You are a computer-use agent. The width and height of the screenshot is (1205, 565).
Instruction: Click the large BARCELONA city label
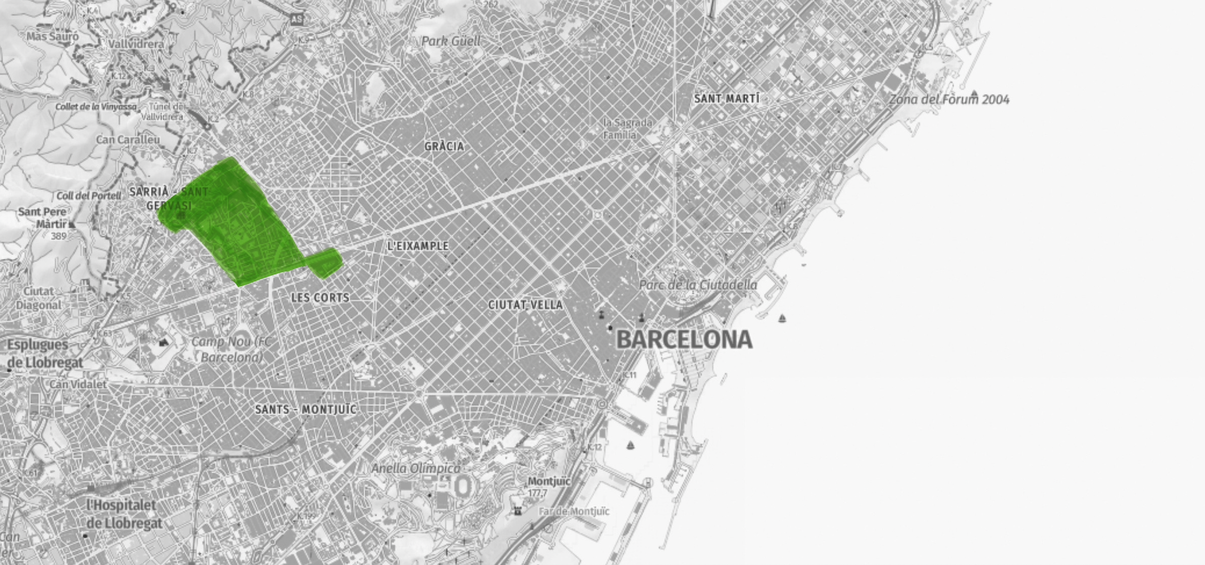point(684,339)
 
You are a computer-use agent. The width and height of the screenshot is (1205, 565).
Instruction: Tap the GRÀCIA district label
point(444,146)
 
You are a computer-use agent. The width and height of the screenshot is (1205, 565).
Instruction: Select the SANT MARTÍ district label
point(727,99)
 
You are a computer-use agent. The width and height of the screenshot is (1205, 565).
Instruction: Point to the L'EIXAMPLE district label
point(418,246)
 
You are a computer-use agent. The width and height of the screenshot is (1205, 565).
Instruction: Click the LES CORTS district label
point(320,298)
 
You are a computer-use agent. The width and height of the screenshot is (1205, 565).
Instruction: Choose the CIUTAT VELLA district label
point(526,305)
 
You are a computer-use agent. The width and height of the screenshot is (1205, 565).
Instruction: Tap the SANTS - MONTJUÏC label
point(305,410)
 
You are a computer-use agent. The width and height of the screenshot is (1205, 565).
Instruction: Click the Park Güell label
point(450,41)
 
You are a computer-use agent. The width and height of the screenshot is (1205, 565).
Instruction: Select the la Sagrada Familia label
point(627,129)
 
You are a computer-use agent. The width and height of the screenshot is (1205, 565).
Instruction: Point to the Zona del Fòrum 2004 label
point(949,100)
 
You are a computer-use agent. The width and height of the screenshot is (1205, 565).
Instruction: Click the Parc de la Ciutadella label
point(697,284)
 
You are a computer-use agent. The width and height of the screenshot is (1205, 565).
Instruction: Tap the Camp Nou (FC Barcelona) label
point(231,349)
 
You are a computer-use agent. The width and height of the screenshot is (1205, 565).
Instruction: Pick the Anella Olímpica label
point(416,468)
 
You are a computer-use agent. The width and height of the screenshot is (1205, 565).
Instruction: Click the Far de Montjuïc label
point(574,511)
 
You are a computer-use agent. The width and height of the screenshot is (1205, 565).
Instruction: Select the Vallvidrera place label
point(136,44)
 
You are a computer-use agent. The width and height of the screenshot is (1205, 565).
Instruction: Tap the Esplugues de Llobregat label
point(45,354)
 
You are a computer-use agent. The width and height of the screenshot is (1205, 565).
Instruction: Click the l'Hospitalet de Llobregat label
point(125,514)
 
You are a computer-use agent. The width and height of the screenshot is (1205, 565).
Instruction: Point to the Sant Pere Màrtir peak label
point(42,218)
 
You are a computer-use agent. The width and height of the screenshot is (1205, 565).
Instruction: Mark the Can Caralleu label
point(128,139)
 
